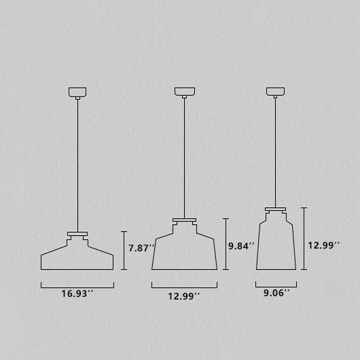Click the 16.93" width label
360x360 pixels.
pos(77,293)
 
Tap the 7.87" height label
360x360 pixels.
pos(141,248)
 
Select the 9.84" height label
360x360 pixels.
pos(241,246)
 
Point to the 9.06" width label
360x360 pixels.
pos(276,293)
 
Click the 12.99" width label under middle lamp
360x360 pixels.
pos(184,296)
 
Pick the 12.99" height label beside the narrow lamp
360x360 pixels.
pos(323,245)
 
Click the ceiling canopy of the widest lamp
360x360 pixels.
pos(77,92)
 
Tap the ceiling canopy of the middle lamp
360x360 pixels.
pos(185,92)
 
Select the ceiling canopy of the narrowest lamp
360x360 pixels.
pos(275,91)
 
